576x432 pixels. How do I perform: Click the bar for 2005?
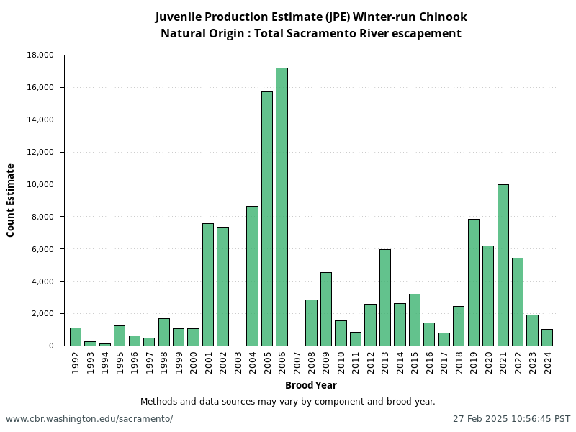[x=266, y=219]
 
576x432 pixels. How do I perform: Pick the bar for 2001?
[x=207, y=284]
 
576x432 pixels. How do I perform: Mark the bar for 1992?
[x=75, y=337]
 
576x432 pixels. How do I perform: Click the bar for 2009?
[x=325, y=309]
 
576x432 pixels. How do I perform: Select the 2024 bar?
[x=546, y=338]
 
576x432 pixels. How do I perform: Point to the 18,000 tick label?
[x=40, y=55]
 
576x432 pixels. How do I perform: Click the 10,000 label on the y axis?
[x=40, y=184]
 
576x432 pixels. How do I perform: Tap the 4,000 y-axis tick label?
[x=42, y=282]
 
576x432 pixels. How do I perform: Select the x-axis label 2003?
[x=238, y=362]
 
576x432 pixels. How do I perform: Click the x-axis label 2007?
[x=297, y=362]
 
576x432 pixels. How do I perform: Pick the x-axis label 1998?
[x=164, y=362]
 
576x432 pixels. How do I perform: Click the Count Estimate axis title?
[x=11, y=200]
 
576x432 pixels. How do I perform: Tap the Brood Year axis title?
[x=310, y=385]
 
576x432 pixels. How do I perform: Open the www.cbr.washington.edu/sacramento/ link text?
[x=89, y=419]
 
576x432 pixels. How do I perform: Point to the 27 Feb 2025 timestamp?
[x=511, y=419]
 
